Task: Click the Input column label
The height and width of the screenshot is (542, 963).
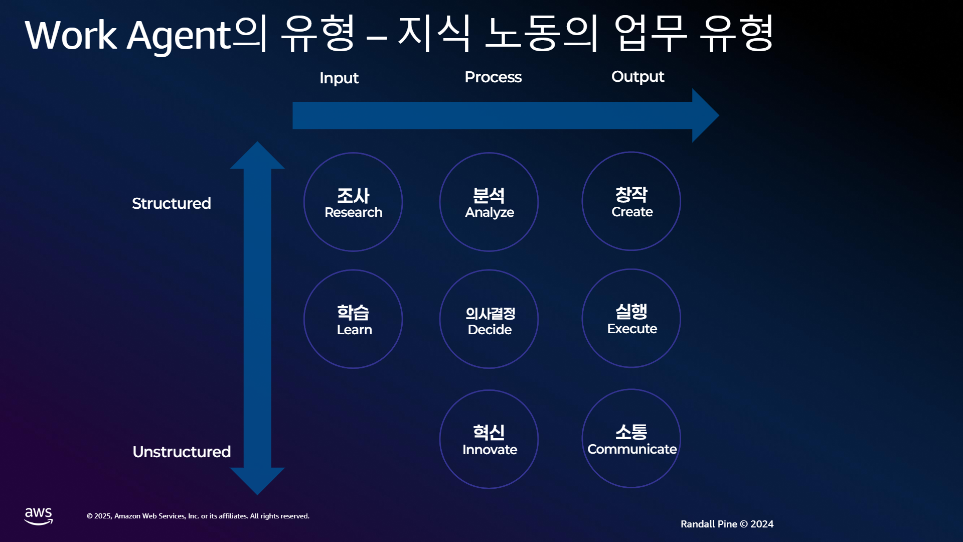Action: [x=339, y=78]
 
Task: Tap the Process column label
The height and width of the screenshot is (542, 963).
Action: [x=493, y=77]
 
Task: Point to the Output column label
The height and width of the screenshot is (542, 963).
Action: [x=637, y=77]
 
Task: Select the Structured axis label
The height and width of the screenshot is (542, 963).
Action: [x=172, y=203]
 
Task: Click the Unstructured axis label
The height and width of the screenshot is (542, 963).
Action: [x=182, y=452]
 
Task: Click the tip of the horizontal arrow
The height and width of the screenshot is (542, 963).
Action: [x=719, y=115]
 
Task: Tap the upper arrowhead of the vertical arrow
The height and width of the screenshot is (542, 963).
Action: [x=257, y=155]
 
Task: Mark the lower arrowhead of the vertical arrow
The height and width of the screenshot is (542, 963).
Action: [x=257, y=481]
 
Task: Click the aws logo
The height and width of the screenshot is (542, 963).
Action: [x=39, y=516]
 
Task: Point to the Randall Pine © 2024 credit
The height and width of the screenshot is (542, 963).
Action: [x=727, y=524]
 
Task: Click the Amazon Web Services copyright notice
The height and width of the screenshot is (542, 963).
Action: [x=198, y=516]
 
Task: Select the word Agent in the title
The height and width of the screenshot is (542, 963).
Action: [x=179, y=36]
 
